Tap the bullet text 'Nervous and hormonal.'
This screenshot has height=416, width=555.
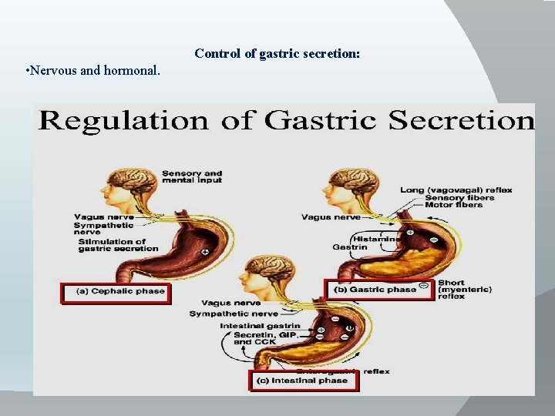(x=92, y=71)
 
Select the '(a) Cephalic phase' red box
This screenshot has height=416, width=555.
(x=116, y=293)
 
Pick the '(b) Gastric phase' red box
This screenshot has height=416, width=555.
(x=381, y=290)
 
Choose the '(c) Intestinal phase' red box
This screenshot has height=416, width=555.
(x=304, y=381)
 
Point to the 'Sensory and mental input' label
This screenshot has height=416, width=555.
(x=191, y=177)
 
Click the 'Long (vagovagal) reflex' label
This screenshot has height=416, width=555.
(x=456, y=190)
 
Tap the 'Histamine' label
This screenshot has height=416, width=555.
(x=376, y=239)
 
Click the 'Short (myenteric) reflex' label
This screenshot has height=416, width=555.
(x=465, y=290)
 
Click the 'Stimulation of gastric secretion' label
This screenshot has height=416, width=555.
(x=118, y=245)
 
